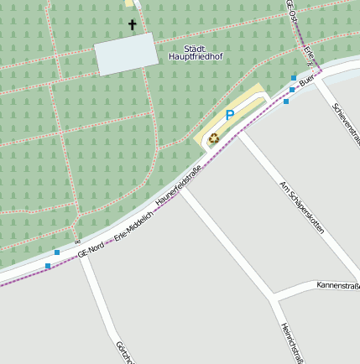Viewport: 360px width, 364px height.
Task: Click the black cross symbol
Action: [x=132, y=25]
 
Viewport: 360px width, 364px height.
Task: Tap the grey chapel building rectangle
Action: [x=126, y=55]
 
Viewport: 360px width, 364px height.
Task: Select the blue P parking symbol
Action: [x=229, y=115]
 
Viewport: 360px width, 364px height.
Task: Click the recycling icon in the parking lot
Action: [x=213, y=138]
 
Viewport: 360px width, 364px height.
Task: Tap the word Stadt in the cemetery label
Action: [x=195, y=48]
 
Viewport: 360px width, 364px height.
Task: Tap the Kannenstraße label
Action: [x=337, y=286]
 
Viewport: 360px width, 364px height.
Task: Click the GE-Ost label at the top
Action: [x=292, y=10]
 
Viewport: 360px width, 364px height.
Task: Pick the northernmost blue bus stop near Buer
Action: [x=293, y=77]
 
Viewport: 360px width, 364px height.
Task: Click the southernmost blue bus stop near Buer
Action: [x=286, y=101]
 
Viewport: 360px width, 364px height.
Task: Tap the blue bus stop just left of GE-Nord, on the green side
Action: [x=57, y=252]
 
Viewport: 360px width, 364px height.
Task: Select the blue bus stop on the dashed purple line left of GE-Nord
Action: [x=48, y=265]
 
